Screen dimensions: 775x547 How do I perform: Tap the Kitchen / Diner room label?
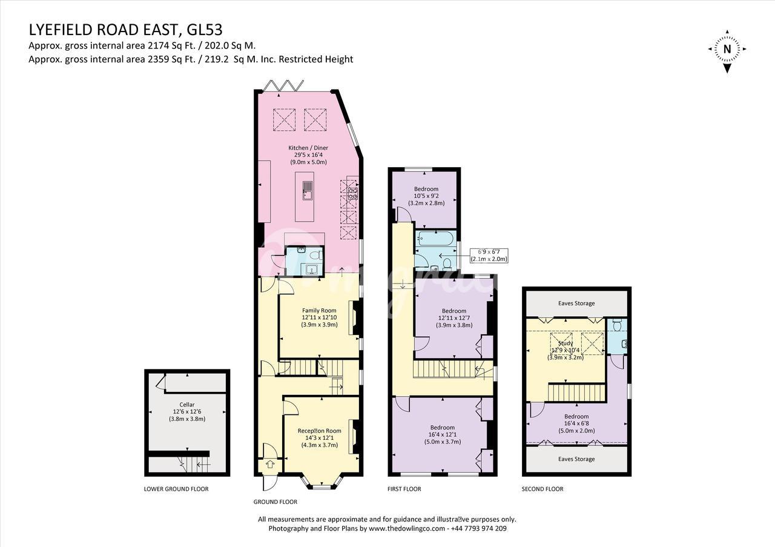pos(308,148)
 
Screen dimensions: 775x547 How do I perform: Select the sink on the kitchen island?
pos(307,191)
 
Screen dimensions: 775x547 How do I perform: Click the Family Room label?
pos(319,311)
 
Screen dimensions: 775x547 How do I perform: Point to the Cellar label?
pos(187,405)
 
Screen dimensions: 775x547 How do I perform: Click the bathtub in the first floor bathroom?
pos(435,239)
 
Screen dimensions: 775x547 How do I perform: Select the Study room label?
pos(566,343)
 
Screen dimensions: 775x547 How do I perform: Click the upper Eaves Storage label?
pos(576,303)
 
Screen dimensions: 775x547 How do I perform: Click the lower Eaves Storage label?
pos(576,459)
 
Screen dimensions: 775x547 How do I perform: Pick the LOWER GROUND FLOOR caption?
pos(176,489)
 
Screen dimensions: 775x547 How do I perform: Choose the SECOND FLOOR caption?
pos(542,489)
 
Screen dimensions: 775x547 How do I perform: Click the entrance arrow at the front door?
pos(270,464)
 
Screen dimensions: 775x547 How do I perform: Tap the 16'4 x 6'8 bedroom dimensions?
pos(576,423)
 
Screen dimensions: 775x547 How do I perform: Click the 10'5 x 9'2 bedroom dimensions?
pos(426,196)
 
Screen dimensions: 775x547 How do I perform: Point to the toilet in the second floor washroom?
pos(617,325)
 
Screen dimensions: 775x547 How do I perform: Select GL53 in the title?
pos(205,30)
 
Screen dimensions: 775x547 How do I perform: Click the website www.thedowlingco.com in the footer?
pos(406,528)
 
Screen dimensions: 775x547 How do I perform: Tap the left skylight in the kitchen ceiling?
pos(285,120)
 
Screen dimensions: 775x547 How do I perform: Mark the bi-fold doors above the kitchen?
pos(283,86)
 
